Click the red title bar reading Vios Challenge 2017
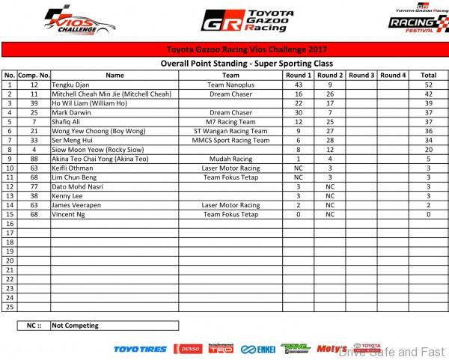coord(224,51)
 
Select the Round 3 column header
coord(361,76)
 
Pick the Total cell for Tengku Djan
coord(428,85)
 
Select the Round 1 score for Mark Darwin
coord(298,112)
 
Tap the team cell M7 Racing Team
coord(230,120)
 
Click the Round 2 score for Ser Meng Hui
coord(329,139)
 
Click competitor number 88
coord(34,159)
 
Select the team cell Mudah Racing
coord(230,159)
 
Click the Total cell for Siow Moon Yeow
coord(428,149)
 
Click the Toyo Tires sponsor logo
coord(140,349)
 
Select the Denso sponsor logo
coord(187,349)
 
